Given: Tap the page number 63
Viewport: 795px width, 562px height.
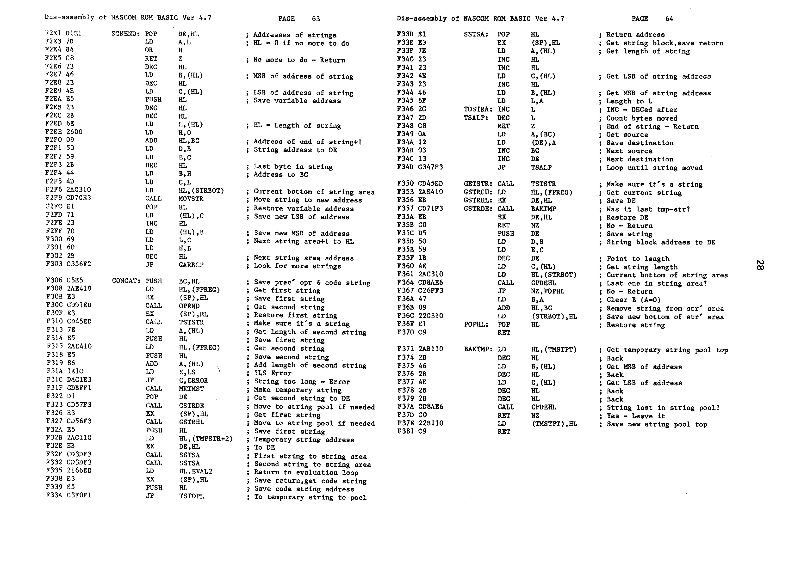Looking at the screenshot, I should (316, 19).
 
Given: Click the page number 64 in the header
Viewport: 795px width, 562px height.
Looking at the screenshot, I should (669, 19).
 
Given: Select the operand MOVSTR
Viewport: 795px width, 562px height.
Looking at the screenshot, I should (191, 199).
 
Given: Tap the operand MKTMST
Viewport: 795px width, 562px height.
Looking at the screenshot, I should (192, 389).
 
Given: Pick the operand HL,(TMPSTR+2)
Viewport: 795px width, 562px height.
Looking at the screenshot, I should (206, 439).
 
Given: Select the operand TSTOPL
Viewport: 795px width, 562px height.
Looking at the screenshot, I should (192, 496).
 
